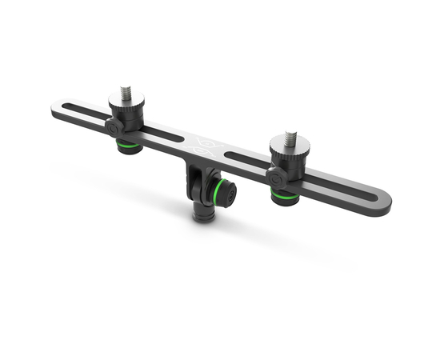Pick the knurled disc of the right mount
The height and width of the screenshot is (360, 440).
(289, 151)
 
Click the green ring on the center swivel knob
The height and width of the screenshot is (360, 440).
(218, 192)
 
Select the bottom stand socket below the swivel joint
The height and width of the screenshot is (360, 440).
(203, 214)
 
